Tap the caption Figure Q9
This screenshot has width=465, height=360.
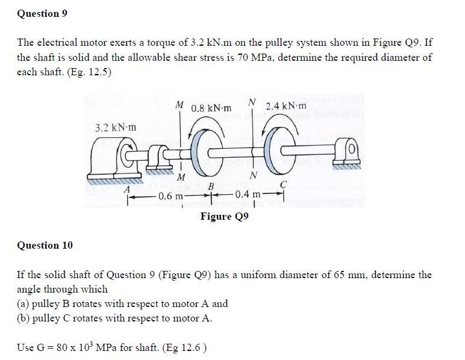click(x=224, y=217)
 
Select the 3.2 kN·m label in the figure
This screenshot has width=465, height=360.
click(x=116, y=128)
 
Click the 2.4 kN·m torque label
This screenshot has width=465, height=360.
click(x=286, y=106)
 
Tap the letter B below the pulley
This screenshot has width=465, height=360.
click(x=211, y=187)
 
